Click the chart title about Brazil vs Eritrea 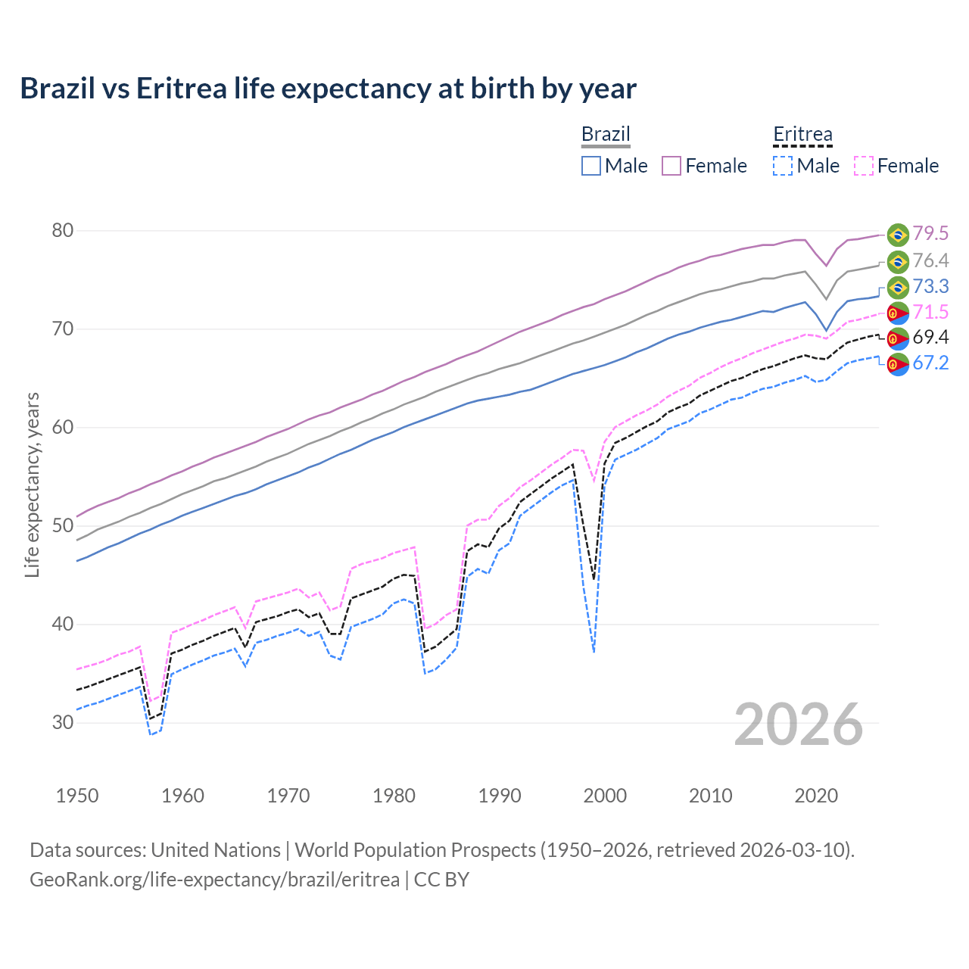328,89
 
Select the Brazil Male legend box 591,166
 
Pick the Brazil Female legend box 671,166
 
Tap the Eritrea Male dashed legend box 783,166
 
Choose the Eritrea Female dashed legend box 864,166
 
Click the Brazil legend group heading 606,134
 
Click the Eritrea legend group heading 802,134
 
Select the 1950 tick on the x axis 77,796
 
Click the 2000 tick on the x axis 605,796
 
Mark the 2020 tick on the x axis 816,796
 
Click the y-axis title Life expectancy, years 32,484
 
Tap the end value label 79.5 930,234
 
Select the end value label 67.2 930,363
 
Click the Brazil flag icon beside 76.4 898,262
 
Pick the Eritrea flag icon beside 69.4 898,338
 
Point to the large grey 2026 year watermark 799,724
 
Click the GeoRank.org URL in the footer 214,880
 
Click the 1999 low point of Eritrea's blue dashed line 594,652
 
